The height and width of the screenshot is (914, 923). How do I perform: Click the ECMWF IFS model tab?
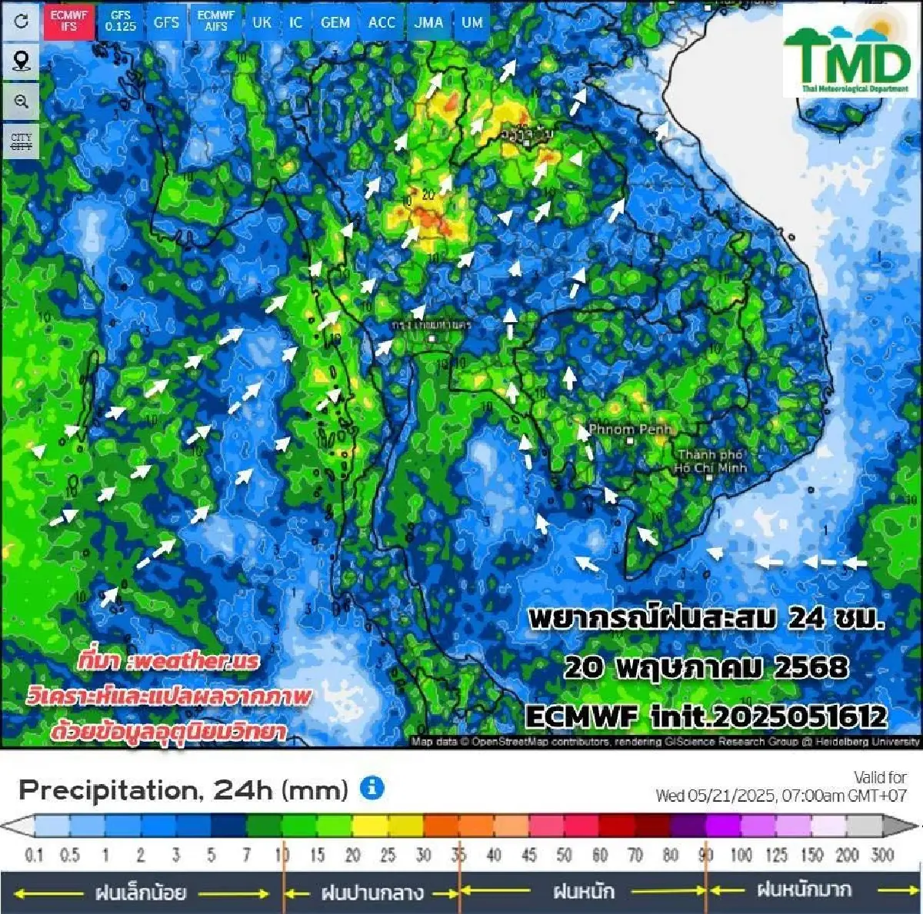coord(68,21)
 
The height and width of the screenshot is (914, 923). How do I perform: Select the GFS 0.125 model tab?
coord(121,21)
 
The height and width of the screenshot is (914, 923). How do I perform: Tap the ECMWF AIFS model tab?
coord(216,21)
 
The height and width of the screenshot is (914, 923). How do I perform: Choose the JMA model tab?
coord(428,22)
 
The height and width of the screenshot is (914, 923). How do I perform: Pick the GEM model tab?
coord(335,22)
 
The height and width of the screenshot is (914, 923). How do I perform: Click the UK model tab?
coord(262,22)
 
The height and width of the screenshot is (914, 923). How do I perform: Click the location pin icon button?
coord(21,61)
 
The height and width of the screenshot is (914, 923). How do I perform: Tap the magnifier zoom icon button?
coord(21,101)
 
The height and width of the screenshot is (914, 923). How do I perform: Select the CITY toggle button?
coord(21,141)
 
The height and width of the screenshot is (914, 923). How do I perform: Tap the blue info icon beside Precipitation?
coord(372,788)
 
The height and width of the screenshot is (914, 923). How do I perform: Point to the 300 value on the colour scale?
coord(883,855)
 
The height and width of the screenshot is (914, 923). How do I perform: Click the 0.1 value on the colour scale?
coord(34,855)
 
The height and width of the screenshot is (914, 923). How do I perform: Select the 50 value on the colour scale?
coord(564,855)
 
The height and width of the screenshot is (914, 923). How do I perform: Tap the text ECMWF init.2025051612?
coord(706,716)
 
